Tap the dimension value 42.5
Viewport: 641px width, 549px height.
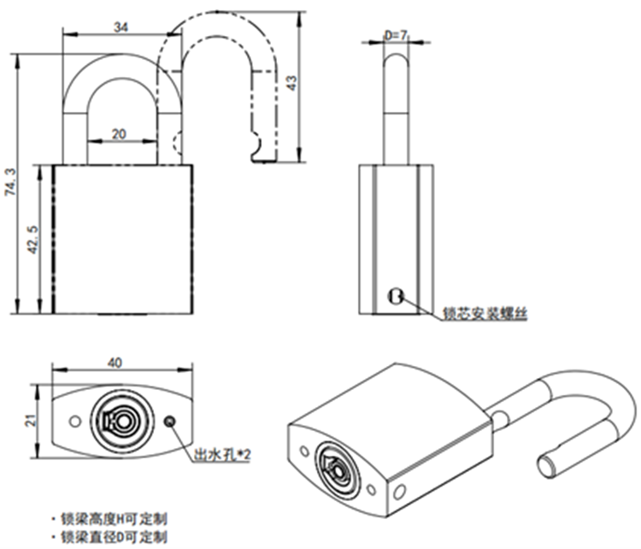click(x=32, y=239)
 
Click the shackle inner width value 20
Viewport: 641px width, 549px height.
click(x=120, y=133)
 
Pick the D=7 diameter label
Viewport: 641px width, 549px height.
click(x=396, y=35)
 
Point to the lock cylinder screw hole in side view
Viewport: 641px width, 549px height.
click(x=395, y=296)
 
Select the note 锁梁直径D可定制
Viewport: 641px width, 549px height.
click(x=113, y=537)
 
